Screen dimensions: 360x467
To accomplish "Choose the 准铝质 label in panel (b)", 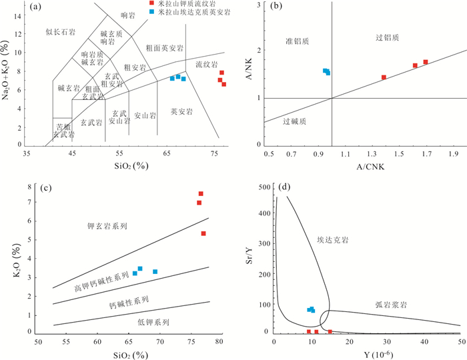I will pos(297,41).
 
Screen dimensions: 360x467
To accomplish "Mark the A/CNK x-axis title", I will pos(364,166).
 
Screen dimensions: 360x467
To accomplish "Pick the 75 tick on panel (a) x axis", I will pos(215,154).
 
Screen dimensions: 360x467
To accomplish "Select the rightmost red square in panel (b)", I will pos(426,62).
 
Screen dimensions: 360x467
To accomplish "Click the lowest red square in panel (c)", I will pos(203,233).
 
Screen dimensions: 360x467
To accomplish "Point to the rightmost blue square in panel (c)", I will pos(155,271).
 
